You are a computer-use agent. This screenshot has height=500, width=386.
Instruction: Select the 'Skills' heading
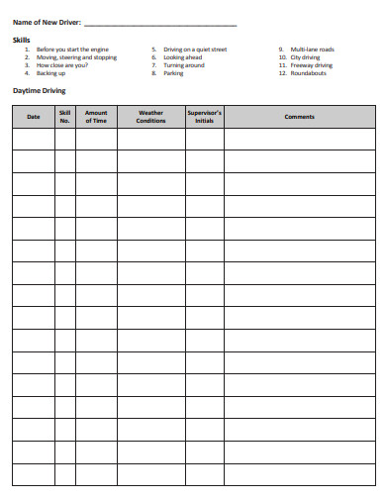22,40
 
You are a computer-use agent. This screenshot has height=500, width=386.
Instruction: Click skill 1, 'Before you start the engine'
72,49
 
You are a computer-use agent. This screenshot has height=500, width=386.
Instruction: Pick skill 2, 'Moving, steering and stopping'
76,57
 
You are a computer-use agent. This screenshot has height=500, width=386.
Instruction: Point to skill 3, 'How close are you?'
61,65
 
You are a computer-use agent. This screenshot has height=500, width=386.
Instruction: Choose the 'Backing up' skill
51,73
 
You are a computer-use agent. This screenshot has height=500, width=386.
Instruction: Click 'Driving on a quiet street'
195,49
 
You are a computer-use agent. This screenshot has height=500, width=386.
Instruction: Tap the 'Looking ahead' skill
183,57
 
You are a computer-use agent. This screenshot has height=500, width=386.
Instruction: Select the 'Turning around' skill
184,65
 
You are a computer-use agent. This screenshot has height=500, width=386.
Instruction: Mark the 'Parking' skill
174,73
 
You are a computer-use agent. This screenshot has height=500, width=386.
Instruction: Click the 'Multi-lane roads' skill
312,49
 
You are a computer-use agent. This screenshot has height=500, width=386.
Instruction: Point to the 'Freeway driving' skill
311,65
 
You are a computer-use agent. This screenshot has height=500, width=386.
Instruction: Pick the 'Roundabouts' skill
308,73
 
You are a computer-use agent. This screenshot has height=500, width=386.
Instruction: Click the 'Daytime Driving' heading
39,90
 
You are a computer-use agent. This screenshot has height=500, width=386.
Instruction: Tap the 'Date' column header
34,117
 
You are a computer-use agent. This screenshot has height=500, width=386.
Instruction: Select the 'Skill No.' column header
65,117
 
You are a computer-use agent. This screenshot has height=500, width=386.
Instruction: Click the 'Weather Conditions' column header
150,117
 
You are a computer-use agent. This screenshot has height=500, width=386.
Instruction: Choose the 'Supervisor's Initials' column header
205,117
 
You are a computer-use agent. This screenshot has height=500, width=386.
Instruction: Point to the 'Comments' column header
299,117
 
